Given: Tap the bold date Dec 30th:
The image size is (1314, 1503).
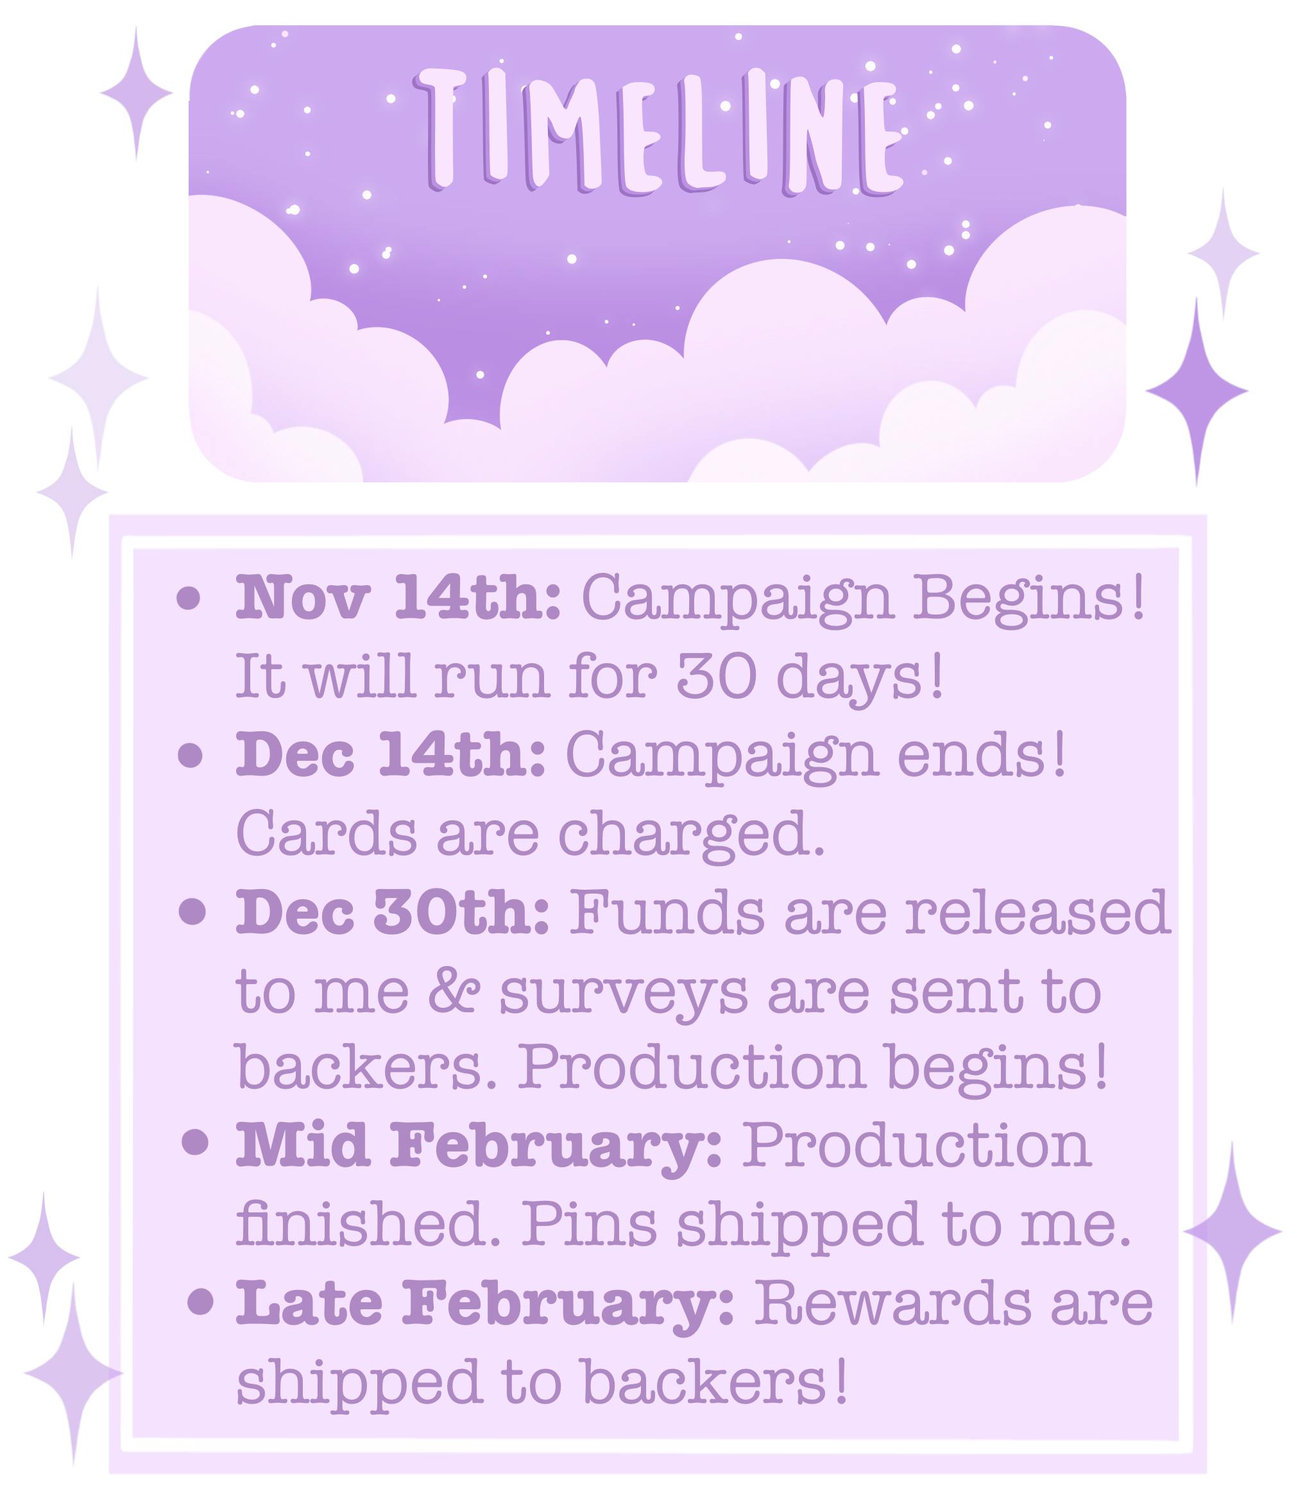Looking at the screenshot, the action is [392, 913].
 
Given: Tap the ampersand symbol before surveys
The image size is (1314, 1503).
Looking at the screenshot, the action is [453, 994].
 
